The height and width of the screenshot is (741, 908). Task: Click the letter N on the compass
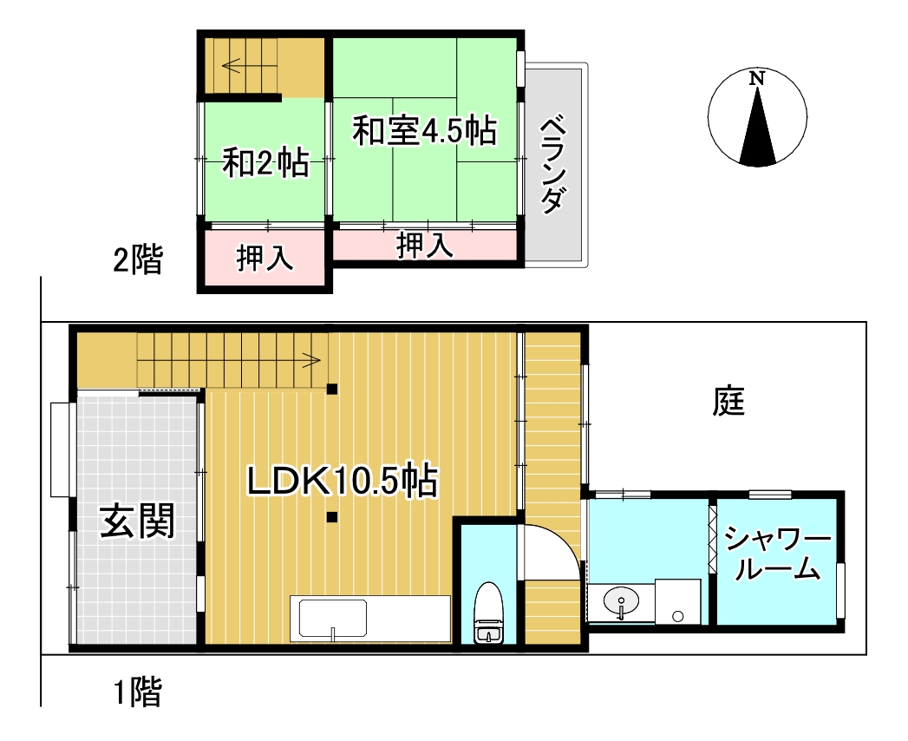pyautogui.click(x=757, y=78)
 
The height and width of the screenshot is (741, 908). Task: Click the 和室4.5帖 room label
pyautogui.click(x=423, y=132)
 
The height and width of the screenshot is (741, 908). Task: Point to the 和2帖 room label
pyautogui.click(x=265, y=162)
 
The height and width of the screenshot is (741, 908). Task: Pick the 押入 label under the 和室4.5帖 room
pyautogui.click(x=425, y=246)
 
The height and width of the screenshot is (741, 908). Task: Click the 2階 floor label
pyautogui.click(x=137, y=259)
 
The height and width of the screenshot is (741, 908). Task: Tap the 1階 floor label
pyautogui.click(x=137, y=692)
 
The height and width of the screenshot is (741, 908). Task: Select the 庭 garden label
pyautogui.click(x=729, y=401)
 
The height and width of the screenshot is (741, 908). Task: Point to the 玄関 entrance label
pyautogui.click(x=137, y=522)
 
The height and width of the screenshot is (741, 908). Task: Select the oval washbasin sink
pyautogui.click(x=621, y=601)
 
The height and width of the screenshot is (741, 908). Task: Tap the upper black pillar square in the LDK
pyautogui.click(x=332, y=389)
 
